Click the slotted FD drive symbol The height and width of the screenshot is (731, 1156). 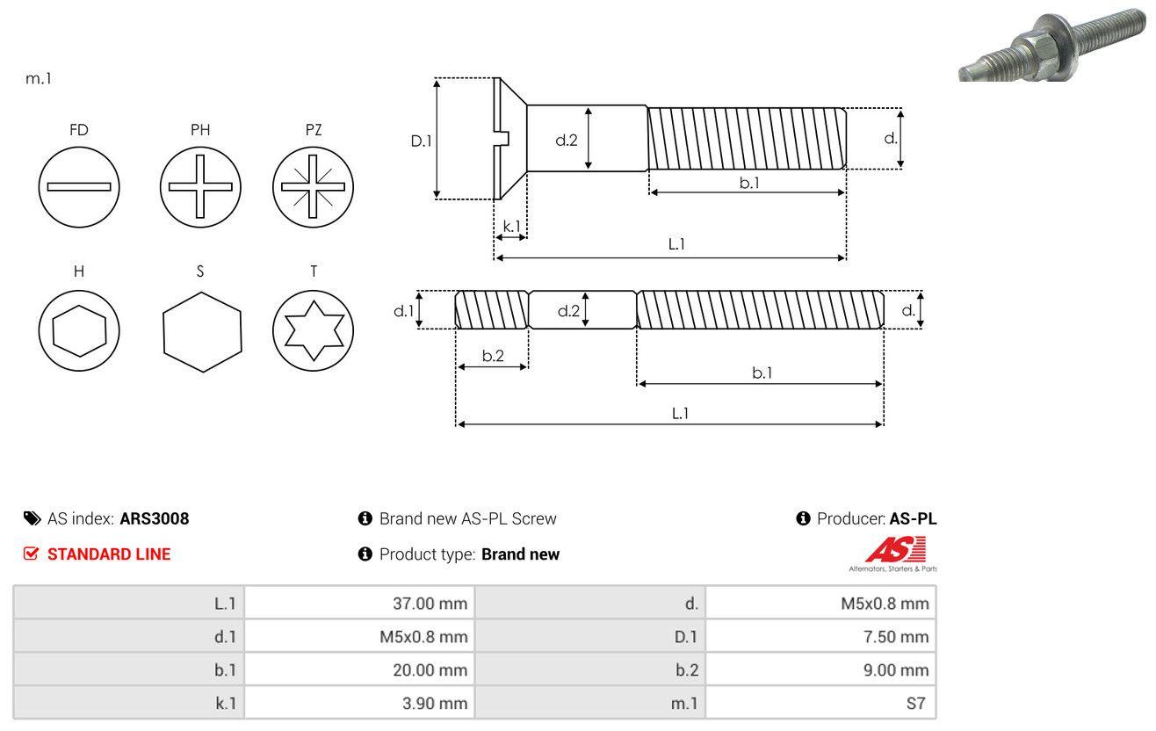click(x=79, y=187)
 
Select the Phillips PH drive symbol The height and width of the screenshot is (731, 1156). click(x=200, y=187)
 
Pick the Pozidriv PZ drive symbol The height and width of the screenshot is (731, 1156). click(x=313, y=187)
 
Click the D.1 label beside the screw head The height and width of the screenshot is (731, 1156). click(x=422, y=140)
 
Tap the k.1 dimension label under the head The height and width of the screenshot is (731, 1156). click(x=511, y=226)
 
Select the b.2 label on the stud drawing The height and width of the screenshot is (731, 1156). click(x=493, y=356)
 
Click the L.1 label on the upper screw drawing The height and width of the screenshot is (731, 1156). click(x=676, y=244)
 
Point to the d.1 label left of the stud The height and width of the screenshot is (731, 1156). click(x=403, y=310)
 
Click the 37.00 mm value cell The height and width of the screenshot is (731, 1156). click(x=359, y=603)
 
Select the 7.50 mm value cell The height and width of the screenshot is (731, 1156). click(x=820, y=636)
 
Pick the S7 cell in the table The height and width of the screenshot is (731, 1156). click(x=820, y=703)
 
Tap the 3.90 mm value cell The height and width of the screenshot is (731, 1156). click(x=359, y=703)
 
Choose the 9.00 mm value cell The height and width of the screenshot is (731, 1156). click(x=820, y=669)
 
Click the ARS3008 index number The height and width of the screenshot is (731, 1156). click(x=154, y=518)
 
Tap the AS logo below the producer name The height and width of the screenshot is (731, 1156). click(x=895, y=552)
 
